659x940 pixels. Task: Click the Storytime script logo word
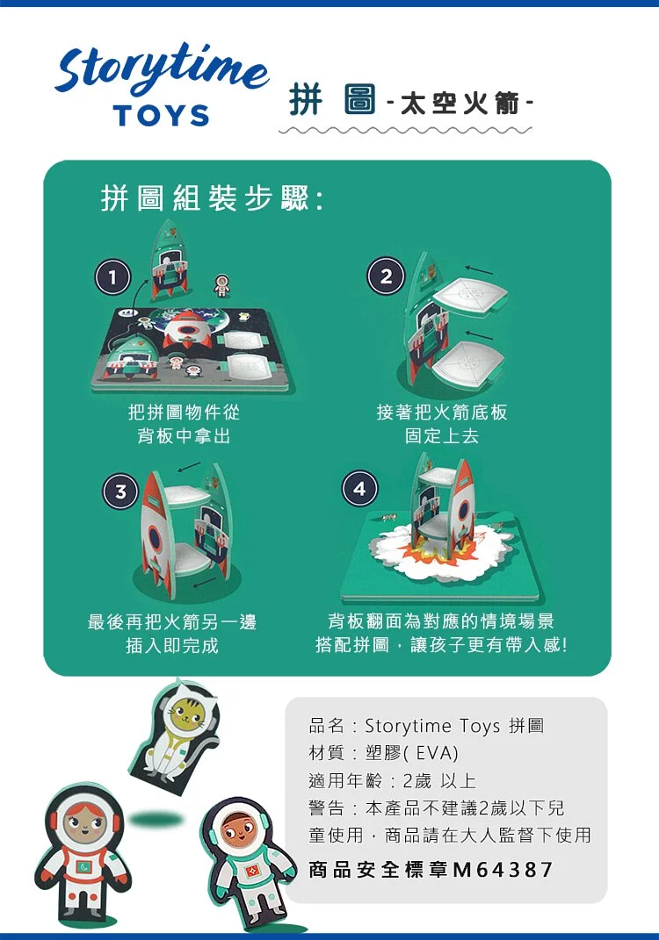(x=162, y=68)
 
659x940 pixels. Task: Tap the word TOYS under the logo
(x=161, y=116)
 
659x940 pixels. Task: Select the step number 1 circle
(x=112, y=277)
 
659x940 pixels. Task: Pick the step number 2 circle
(x=386, y=276)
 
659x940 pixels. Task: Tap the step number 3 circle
(x=120, y=492)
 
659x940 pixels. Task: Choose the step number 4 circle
(x=359, y=489)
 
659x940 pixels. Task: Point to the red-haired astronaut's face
(x=83, y=824)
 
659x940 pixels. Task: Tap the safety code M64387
(x=503, y=869)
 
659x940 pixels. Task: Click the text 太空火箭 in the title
(x=460, y=104)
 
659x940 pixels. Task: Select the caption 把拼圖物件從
(x=184, y=412)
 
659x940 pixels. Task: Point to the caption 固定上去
(x=442, y=436)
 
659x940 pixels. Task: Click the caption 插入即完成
(x=172, y=646)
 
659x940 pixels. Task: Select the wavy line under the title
(x=405, y=130)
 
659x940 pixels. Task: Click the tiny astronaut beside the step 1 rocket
(x=222, y=285)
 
